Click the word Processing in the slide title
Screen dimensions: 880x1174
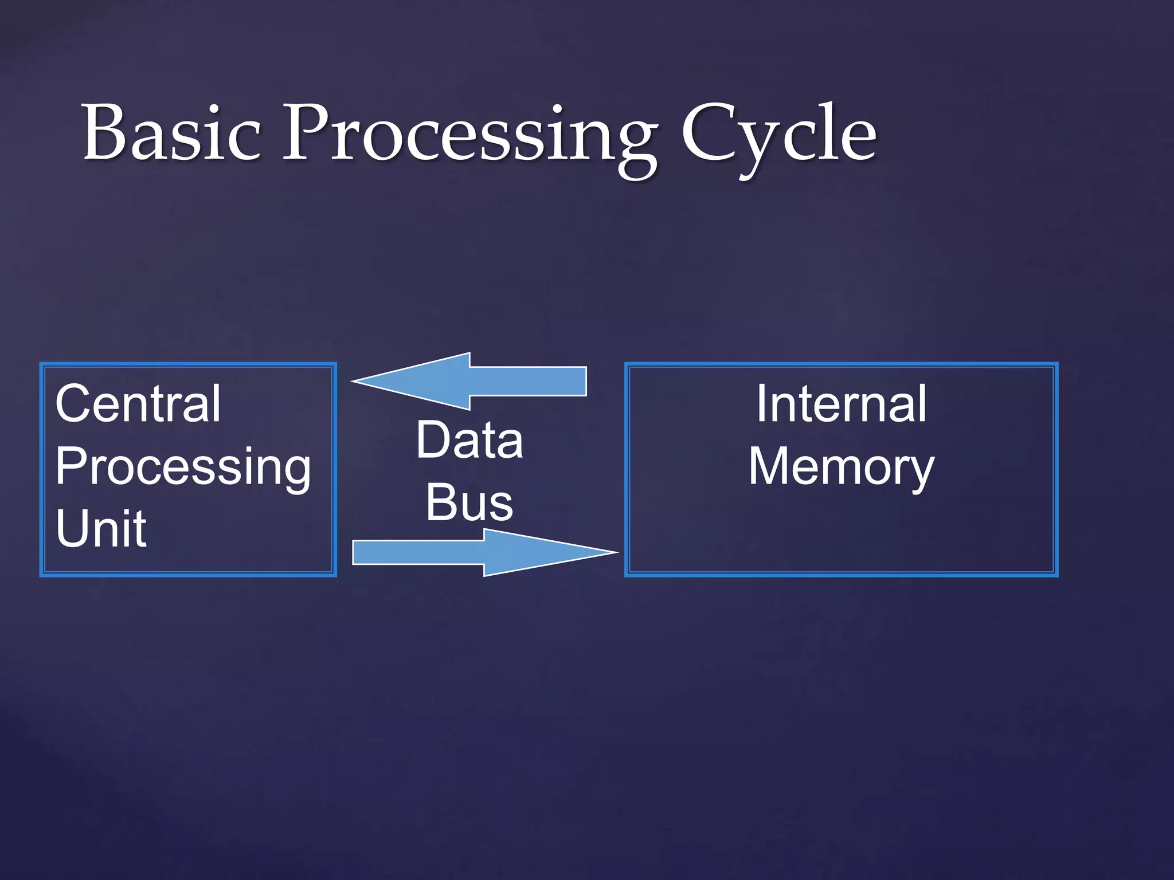pyautogui.click(x=470, y=137)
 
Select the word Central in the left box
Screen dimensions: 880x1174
pyautogui.click(x=138, y=404)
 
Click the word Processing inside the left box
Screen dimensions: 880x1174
pyautogui.click(x=182, y=467)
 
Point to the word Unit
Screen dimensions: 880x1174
pyautogui.click(x=101, y=529)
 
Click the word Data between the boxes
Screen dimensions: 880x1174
pyautogui.click(x=469, y=440)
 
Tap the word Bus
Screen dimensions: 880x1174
pyautogui.click(x=469, y=502)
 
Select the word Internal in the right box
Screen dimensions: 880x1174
pyautogui.click(x=841, y=404)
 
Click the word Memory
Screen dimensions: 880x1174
pyautogui.click(x=841, y=467)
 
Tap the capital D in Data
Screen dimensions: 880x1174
pyautogui.click(x=433, y=440)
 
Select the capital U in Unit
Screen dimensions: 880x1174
pyautogui.click(x=71, y=528)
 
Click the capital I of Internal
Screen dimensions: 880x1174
pyautogui.click(x=762, y=404)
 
